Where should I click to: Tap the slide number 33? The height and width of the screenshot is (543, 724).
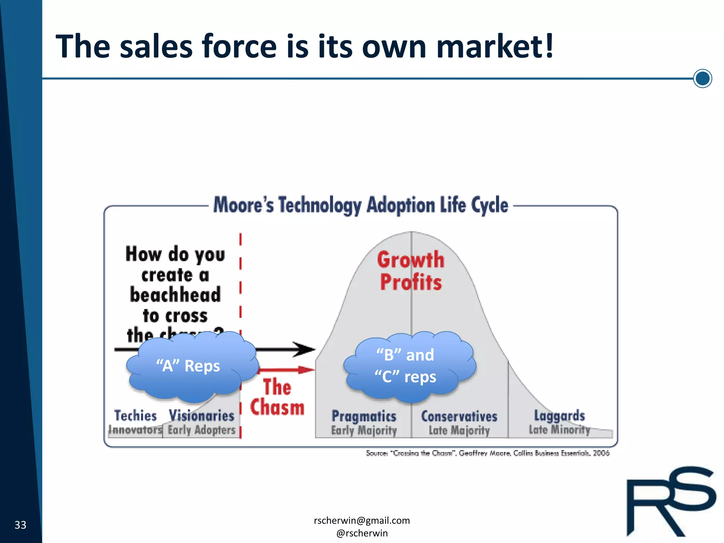pos(20,525)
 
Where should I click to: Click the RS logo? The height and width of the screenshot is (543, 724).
pos(670,502)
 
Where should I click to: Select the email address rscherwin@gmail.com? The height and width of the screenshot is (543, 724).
pos(362,520)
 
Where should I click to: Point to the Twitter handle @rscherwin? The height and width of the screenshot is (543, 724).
pos(362,533)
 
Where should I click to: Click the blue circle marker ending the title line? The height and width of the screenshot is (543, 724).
pos(702,78)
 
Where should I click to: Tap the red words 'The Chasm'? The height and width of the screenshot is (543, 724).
pos(277,397)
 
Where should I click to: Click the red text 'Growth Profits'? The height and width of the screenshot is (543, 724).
pos(411,271)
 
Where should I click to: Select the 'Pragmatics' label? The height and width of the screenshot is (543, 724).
pos(364,416)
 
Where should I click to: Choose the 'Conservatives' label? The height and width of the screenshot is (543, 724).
pos(459,416)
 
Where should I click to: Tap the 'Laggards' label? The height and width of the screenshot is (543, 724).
pos(559,416)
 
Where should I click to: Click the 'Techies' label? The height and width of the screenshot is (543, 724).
pos(135,416)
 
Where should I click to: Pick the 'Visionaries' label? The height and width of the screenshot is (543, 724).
pos(202,416)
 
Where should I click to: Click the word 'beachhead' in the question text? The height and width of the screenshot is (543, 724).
pos(175,295)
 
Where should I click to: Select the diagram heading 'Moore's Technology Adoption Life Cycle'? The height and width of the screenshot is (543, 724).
pos(361,205)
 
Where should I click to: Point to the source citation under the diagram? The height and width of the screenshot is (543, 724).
pos(487,453)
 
